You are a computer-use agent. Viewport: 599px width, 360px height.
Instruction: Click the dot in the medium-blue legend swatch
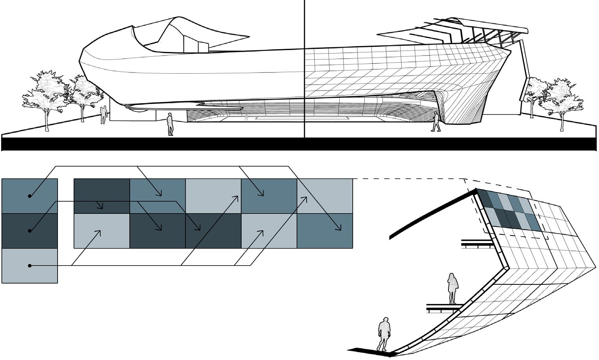tap(30, 196)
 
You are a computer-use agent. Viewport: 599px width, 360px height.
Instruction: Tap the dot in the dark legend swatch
tap(30, 231)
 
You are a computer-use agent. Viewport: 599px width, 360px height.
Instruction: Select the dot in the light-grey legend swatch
tap(30, 266)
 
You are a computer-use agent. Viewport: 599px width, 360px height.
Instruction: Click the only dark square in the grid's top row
tap(102, 196)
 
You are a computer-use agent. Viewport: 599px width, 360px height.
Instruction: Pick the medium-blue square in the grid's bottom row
tap(325, 231)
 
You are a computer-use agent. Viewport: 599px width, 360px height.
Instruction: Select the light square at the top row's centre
tap(213, 196)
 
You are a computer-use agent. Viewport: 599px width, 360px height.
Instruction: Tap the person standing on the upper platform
tap(453, 288)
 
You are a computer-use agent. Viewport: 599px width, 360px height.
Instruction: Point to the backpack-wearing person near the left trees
tap(103, 114)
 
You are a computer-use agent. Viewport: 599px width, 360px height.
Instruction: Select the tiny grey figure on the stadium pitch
tap(247, 117)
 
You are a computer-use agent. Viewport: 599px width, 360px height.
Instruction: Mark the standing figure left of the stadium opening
tap(170, 124)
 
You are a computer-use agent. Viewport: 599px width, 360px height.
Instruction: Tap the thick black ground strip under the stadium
tap(299, 144)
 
